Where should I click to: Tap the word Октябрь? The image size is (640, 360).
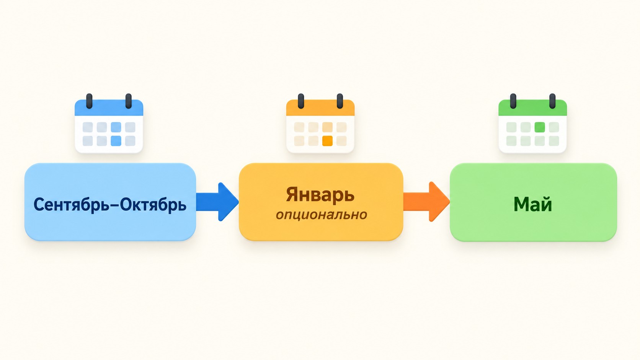[153, 205]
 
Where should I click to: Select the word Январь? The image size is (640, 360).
[320, 195]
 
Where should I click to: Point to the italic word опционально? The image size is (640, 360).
[322, 215]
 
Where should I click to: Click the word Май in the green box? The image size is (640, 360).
[533, 204]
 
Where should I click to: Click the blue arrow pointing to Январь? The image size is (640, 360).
[217, 202]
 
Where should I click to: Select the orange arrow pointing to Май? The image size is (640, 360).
[426, 202]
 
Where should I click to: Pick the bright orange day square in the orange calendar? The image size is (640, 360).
[327, 141]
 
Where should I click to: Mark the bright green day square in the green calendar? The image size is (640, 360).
[540, 127]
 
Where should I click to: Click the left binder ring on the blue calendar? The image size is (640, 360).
[89, 101]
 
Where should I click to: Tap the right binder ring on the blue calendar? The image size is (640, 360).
[129, 101]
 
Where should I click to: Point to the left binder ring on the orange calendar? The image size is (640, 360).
[301, 101]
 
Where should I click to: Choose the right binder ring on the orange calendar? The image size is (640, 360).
[340, 101]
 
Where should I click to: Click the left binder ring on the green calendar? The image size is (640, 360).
[513, 101]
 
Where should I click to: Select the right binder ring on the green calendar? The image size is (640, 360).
[553, 101]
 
